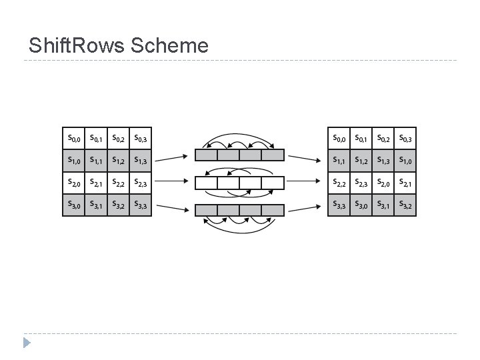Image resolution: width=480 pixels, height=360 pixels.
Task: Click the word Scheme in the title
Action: point(170,45)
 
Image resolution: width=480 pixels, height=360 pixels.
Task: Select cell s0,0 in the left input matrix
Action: point(74,139)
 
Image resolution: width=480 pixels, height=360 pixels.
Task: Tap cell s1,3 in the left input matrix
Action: point(141,160)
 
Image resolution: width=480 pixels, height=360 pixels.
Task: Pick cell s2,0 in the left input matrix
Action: point(74,182)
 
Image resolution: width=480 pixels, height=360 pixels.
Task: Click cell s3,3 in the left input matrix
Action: point(141,205)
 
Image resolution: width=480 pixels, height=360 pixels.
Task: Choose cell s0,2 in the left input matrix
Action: point(119,139)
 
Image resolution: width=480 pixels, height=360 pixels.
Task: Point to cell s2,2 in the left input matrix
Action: point(119,182)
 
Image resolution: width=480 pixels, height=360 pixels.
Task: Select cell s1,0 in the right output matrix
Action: point(405,160)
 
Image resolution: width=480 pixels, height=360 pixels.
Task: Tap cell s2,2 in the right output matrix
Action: point(339,182)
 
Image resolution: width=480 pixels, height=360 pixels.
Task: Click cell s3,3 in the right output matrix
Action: point(339,205)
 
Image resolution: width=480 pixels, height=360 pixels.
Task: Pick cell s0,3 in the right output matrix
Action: point(405,139)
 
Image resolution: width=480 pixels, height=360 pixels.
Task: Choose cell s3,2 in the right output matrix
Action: point(405,205)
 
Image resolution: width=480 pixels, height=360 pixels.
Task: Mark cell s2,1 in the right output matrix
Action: point(405,182)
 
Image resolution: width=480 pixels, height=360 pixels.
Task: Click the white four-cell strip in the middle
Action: point(239,183)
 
